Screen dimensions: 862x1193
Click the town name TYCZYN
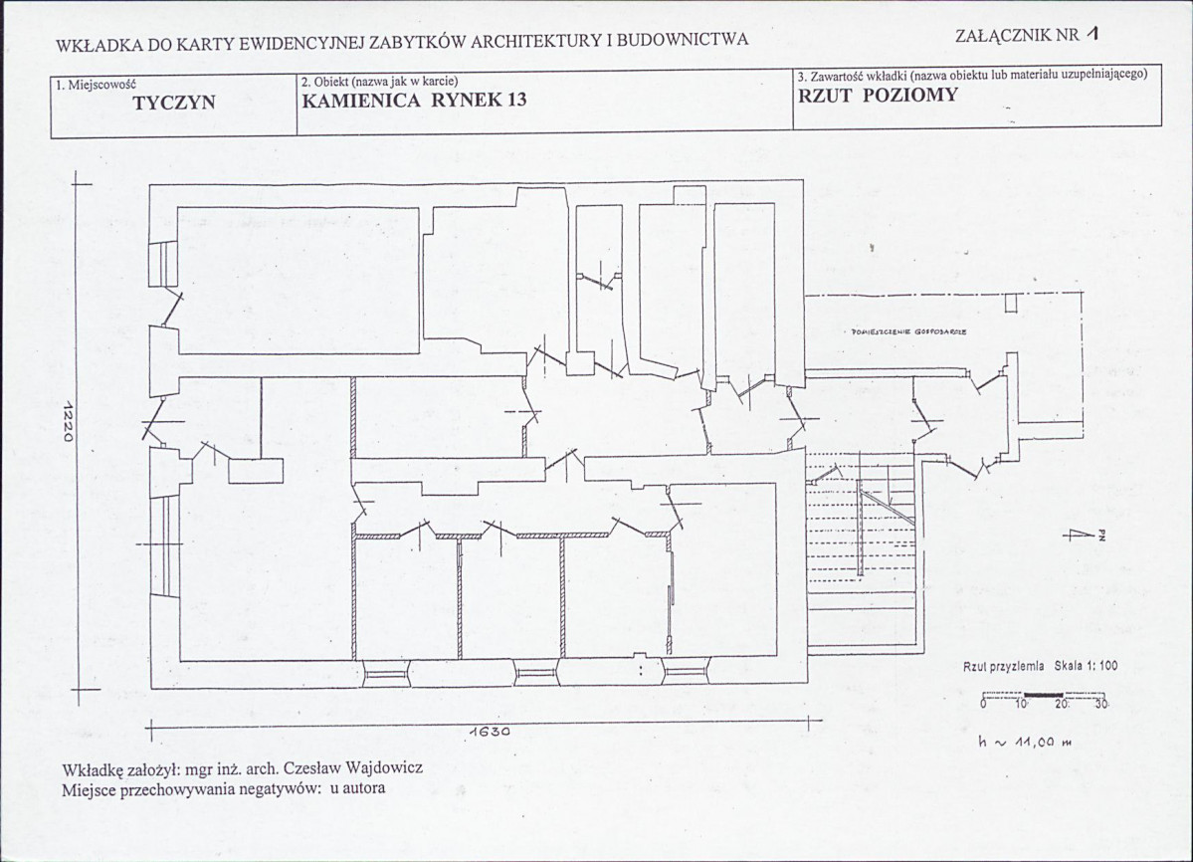173,102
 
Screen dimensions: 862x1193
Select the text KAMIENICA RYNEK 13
413,100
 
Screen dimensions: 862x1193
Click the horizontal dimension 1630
489,732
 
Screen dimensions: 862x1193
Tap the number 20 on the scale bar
1062,704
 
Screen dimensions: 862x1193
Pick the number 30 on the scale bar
1100,704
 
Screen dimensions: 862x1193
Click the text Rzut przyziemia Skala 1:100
1040,667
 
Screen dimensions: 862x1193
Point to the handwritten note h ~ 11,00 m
1026,741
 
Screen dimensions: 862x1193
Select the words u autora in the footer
355,789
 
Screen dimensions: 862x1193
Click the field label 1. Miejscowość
96,84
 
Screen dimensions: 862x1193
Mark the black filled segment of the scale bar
1043,694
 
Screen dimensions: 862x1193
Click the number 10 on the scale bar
1021,704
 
